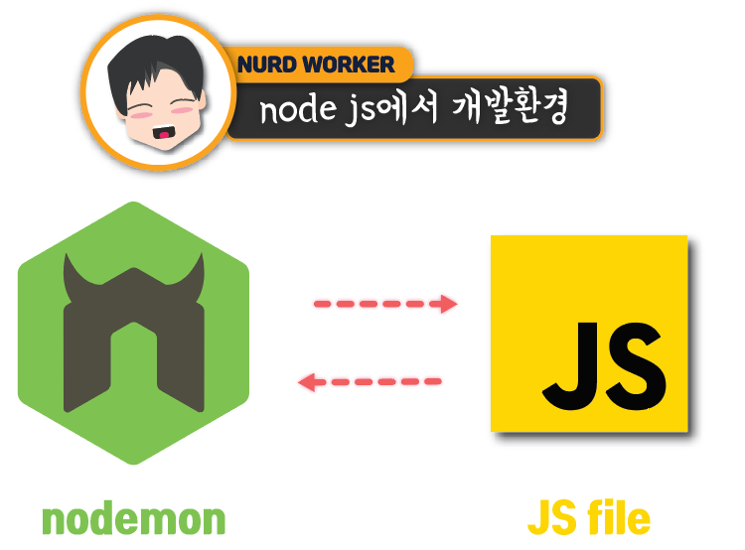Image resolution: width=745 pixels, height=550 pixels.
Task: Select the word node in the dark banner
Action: point(288,111)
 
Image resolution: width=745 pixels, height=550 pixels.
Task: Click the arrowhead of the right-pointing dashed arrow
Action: point(449,304)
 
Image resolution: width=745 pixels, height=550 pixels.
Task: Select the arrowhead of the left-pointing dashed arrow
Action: point(309,381)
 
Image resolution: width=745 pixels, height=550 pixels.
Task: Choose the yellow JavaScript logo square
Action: point(588,334)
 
